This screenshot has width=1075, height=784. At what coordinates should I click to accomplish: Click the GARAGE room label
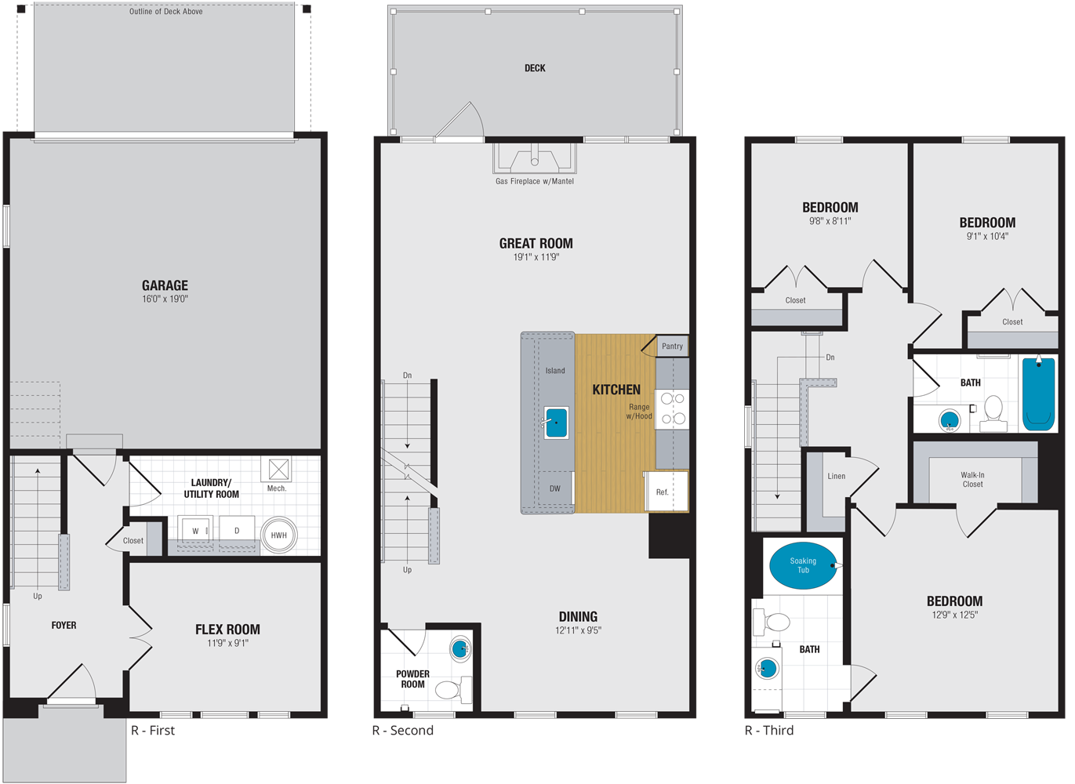tap(165, 285)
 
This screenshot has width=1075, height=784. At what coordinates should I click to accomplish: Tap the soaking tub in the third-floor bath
tap(803, 565)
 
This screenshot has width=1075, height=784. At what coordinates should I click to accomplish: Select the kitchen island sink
tap(556, 423)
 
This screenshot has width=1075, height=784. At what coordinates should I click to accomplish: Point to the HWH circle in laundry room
tap(278, 535)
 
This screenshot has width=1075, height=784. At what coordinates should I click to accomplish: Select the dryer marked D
tap(237, 530)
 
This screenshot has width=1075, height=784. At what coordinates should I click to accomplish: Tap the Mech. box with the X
tap(278, 470)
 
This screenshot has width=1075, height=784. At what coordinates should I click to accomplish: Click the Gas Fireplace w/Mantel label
tap(535, 181)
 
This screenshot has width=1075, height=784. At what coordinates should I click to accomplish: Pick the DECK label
tap(535, 68)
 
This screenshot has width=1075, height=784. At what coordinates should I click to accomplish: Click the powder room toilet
tap(448, 690)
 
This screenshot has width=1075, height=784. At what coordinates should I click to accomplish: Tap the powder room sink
tap(460, 648)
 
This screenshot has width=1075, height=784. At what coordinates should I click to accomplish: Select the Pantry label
tap(672, 346)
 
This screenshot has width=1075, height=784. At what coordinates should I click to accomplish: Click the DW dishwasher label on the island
tap(555, 488)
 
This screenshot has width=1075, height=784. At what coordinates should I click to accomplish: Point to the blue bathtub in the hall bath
tap(1039, 394)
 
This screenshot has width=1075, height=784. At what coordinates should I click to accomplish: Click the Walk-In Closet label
tap(972, 480)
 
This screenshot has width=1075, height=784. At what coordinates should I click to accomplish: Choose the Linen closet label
tap(836, 476)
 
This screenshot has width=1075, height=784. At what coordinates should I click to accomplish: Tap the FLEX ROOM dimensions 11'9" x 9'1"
tap(227, 643)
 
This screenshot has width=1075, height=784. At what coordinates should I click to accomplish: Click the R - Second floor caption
tap(402, 731)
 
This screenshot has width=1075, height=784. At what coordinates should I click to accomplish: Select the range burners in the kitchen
tap(673, 408)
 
